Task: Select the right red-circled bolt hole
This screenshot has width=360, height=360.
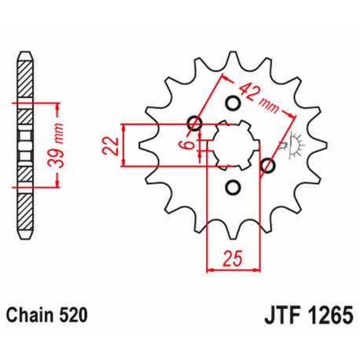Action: coord(267,165)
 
